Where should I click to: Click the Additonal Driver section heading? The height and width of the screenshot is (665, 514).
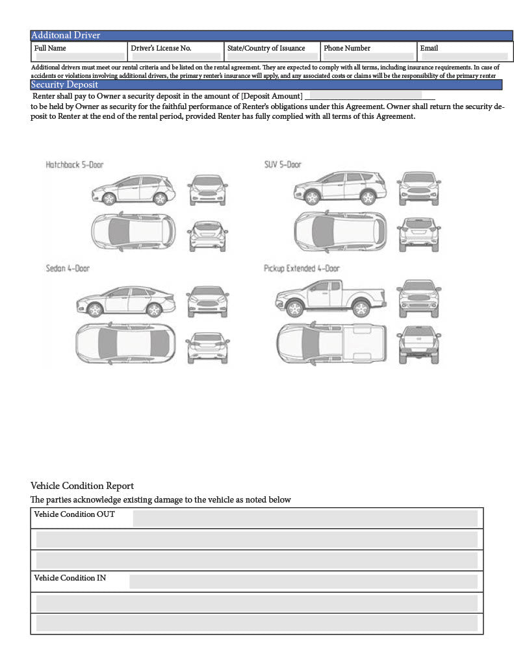pyautogui.click(x=66, y=35)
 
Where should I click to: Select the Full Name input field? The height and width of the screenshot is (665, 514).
pyautogui.click(x=79, y=56)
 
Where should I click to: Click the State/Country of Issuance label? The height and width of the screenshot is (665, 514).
pyautogui.click(x=266, y=48)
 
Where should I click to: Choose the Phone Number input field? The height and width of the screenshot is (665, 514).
pyautogui.click(x=368, y=56)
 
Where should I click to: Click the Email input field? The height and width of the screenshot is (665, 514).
pyautogui.click(x=464, y=56)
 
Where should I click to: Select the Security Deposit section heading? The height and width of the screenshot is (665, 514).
pyautogui.click(x=64, y=84)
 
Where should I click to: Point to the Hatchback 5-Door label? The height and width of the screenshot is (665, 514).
pyautogui.click(x=74, y=165)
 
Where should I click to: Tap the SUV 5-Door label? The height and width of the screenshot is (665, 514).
pyautogui.click(x=283, y=164)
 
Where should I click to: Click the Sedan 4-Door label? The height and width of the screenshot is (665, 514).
pyautogui.click(x=68, y=268)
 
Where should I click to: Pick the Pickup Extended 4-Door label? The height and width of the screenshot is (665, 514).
pyautogui.click(x=302, y=268)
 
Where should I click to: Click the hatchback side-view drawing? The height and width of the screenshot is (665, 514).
pyautogui.click(x=133, y=189)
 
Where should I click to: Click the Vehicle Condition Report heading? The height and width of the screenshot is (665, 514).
pyautogui.click(x=82, y=486)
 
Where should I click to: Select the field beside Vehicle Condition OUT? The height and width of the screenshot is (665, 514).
pyautogui.click(x=305, y=518)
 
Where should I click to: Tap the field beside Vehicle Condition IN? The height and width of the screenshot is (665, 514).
pyautogui.click(x=303, y=581)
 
